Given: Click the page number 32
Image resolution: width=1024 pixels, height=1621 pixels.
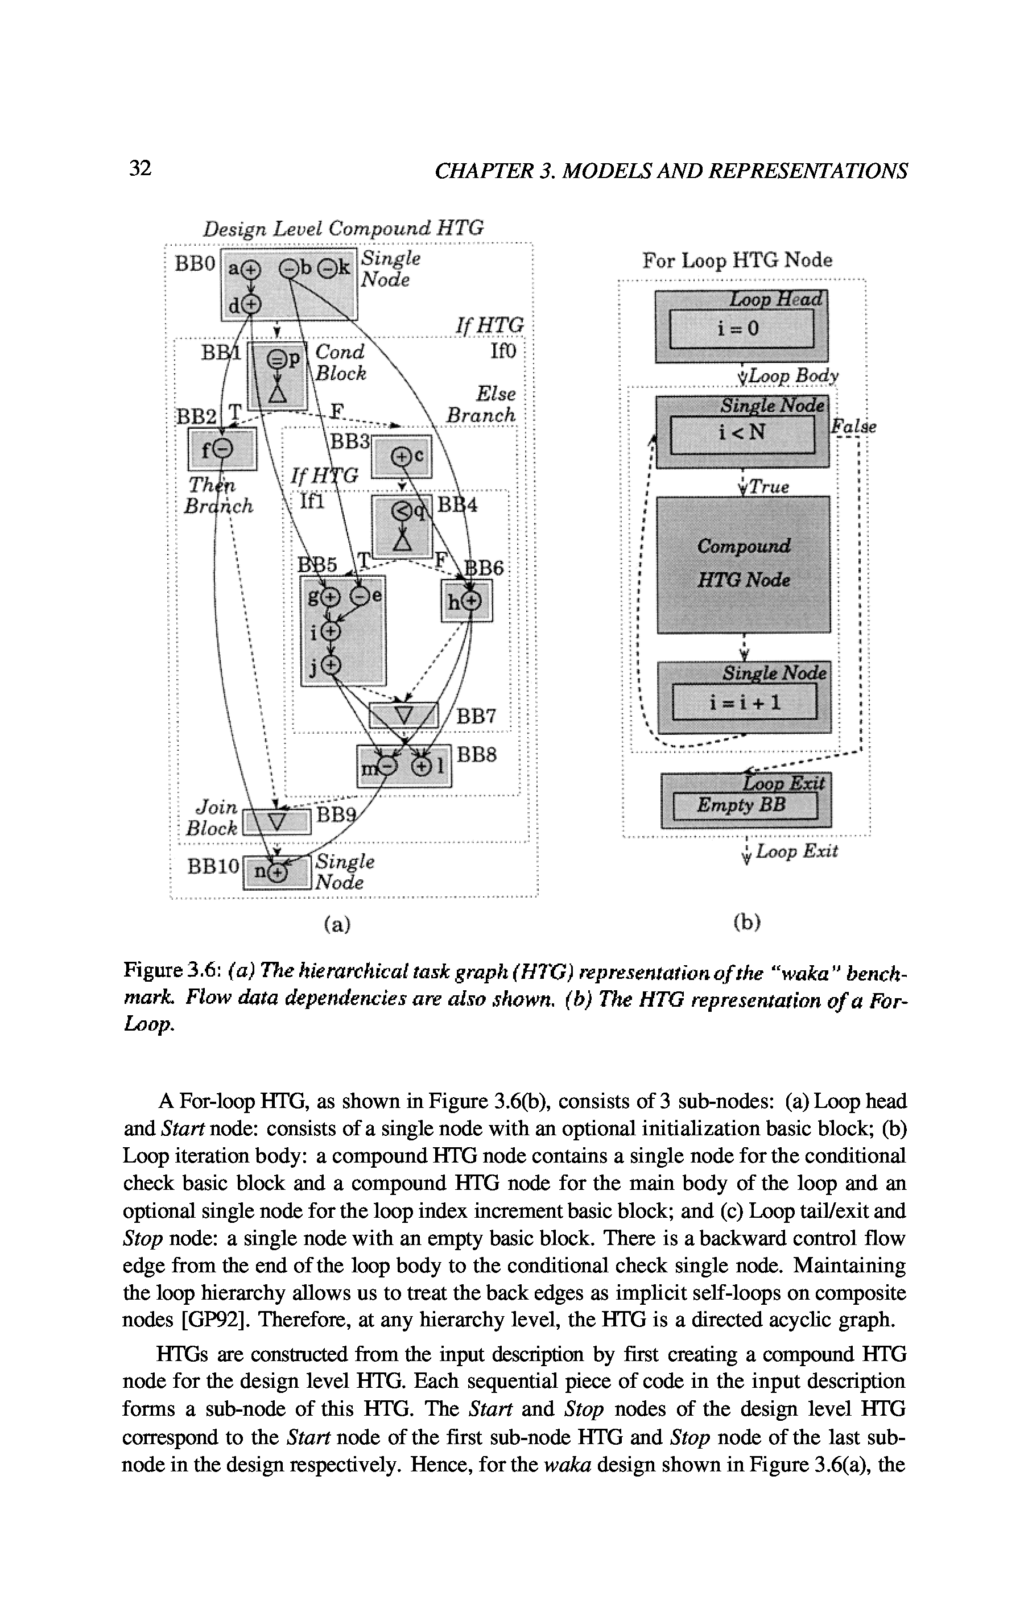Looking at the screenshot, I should click(x=140, y=168).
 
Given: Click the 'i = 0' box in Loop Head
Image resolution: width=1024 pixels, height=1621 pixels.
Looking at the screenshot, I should click(x=741, y=329).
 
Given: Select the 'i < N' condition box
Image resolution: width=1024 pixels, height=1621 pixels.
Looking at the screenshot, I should click(x=742, y=433).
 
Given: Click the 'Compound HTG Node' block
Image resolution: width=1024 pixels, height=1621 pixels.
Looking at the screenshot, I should click(x=744, y=564).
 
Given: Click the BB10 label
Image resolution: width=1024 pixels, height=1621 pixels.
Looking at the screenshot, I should click(x=213, y=866).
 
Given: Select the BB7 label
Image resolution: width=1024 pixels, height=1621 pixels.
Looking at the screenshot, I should click(x=476, y=717).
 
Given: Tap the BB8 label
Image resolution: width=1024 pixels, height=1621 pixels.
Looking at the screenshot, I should click(x=477, y=755).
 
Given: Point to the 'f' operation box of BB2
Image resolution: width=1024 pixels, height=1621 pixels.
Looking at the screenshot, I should click(x=221, y=448).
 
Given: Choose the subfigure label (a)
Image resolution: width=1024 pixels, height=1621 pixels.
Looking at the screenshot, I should click(x=337, y=925).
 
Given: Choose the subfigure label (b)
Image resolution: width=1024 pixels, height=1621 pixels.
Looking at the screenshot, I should click(x=746, y=922).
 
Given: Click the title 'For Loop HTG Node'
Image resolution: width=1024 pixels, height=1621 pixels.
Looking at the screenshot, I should click(x=737, y=260).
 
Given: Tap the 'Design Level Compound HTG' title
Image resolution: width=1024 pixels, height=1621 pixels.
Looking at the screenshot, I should click(x=344, y=228).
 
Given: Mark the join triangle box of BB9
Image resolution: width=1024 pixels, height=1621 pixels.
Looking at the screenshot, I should click(x=276, y=822).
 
